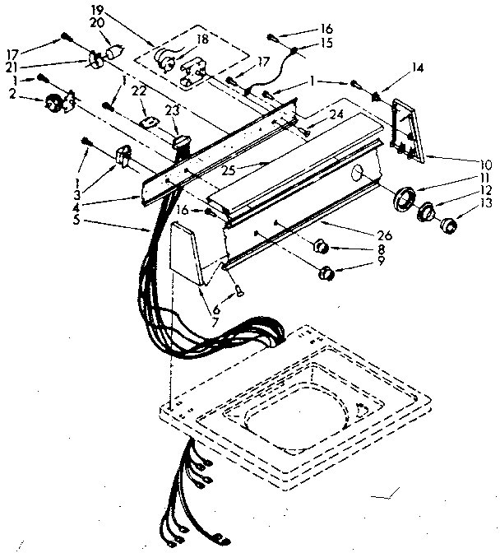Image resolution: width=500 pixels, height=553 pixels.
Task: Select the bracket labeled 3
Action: pyautogui.click(x=123, y=156)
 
